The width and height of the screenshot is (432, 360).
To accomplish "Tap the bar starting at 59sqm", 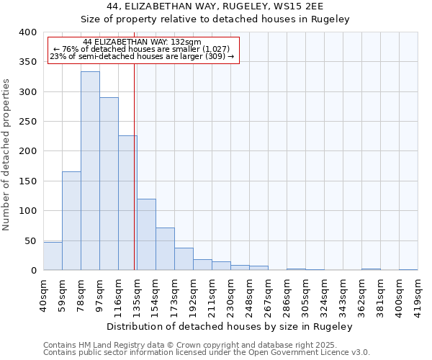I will [71, 220].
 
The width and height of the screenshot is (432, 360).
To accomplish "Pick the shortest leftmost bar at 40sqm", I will [53, 256].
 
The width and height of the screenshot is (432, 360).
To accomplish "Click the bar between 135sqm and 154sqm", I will [146, 234].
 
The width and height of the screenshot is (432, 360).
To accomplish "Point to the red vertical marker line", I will [135, 166].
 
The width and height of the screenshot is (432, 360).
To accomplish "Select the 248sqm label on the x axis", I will [249, 294].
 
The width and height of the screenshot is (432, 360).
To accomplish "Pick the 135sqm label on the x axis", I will [137, 294].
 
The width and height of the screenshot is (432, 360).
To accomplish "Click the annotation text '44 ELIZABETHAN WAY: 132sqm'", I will [142, 42].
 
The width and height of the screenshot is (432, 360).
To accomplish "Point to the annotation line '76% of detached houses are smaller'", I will [142, 49].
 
